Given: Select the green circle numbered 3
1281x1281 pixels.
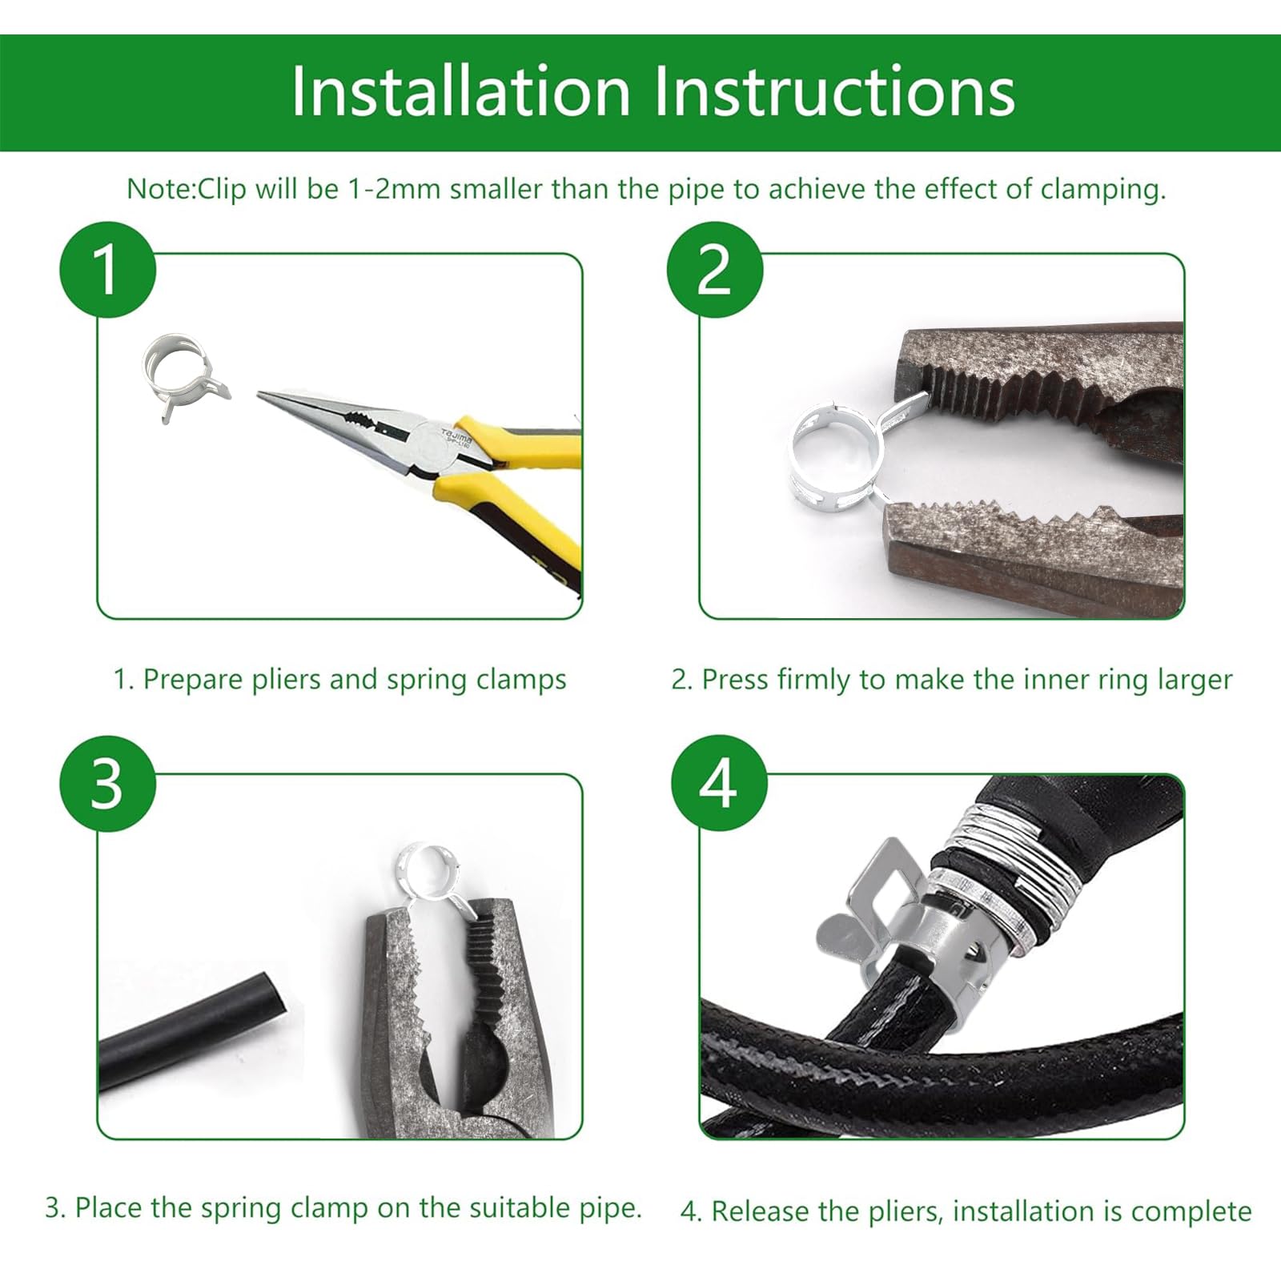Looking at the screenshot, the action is coord(107,783).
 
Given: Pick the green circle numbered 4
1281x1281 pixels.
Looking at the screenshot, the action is coord(718,783).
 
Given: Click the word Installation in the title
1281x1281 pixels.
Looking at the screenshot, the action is coord(461,91).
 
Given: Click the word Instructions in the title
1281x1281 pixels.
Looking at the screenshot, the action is coord(834,91).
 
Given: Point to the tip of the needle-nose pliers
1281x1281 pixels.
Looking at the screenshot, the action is coord(259,393).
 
